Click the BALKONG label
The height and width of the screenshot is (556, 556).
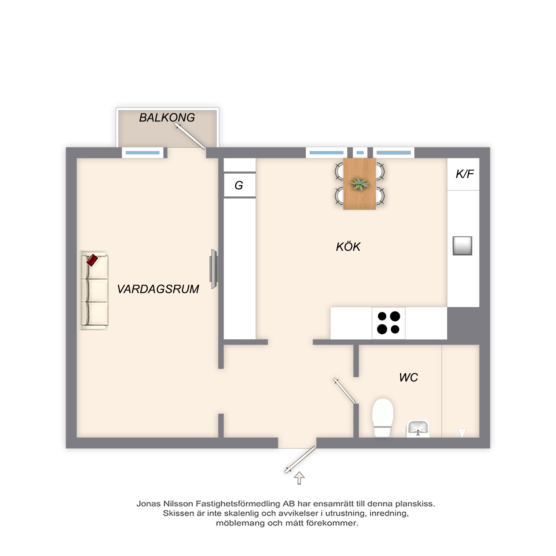point(167,117)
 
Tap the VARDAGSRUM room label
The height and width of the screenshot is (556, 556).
point(158,289)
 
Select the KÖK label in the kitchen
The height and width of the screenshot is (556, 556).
point(348,247)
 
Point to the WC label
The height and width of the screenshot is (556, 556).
point(408,377)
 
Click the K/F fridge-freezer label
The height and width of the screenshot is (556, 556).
point(465,174)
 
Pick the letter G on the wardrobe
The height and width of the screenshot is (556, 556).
point(239,185)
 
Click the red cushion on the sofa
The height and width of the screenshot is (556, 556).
point(92,260)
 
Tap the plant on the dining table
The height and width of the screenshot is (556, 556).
point(359,184)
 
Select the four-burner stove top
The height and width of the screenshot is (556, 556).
point(389,323)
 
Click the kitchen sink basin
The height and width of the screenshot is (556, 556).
point(462,246)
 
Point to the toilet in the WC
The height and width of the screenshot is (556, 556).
point(383,417)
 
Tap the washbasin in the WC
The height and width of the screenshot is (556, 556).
point(418,428)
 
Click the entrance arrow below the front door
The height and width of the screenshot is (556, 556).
point(299,478)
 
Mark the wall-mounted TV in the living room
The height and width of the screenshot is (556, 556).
point(214,269)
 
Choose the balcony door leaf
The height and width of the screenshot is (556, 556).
point(190,136)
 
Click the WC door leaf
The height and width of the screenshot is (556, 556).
point(344,391)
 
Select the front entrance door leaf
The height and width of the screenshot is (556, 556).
point(300,460)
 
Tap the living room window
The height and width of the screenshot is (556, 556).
point(143,153)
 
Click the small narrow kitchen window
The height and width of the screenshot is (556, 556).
point(360,153)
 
